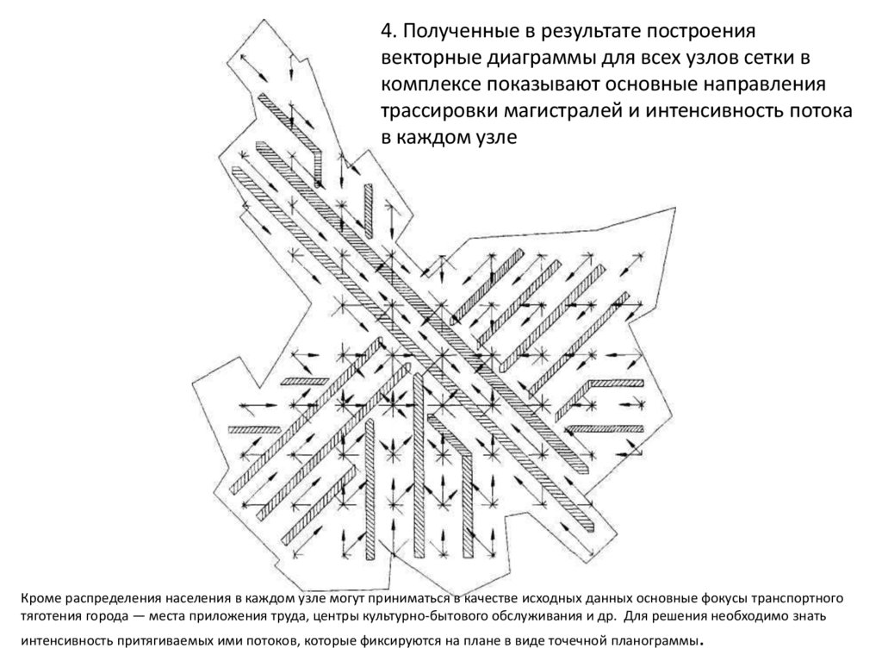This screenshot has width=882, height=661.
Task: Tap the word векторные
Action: point(431,59)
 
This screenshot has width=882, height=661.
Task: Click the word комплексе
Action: point(430,85)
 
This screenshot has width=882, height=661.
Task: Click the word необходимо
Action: point(744,619)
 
